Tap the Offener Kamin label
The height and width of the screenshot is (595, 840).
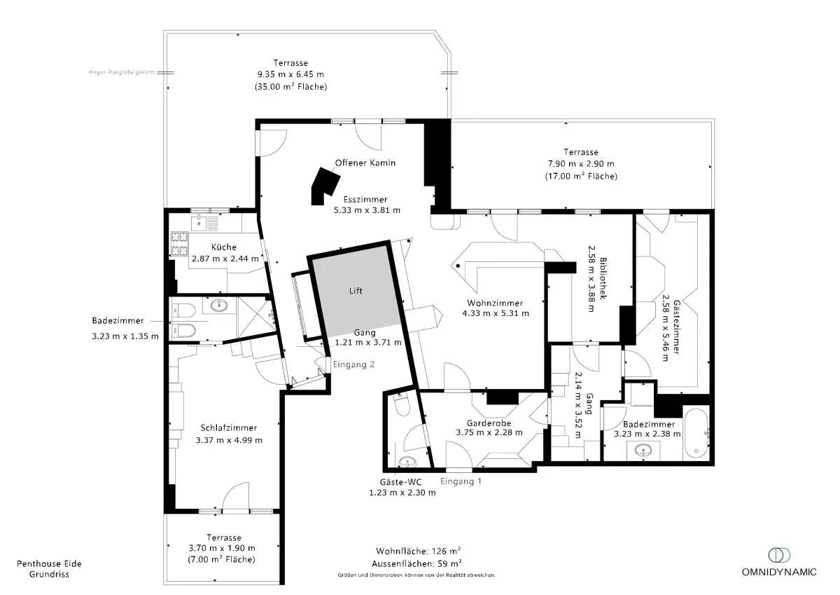point(365,163)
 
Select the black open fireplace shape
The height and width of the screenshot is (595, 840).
point(325,186)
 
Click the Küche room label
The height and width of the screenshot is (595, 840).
point(224,247)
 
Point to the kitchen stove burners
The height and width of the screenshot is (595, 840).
point(179,244)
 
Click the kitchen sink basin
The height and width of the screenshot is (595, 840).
point(197,223)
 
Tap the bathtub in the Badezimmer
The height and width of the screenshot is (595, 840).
point(696,433)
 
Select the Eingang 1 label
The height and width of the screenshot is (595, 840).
point(461,481)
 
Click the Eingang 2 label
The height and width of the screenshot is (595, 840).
point(353,364)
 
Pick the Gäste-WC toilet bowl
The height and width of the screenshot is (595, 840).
point(402,405)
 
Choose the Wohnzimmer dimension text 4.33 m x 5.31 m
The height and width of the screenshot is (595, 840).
point(496,313)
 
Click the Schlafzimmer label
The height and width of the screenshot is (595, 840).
point(228,428)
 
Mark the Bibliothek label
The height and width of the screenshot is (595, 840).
point(603,278)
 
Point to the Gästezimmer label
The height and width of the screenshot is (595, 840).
point(676,327)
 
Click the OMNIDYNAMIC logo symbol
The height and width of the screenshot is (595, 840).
point(779,555)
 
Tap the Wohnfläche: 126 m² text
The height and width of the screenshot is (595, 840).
point(418,551)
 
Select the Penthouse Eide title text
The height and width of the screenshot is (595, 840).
point(49,563)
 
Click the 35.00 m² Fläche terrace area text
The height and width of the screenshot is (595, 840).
point(290,86)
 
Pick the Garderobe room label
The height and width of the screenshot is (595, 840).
point(489,423)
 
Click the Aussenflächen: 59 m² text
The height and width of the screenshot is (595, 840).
point(416,563)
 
